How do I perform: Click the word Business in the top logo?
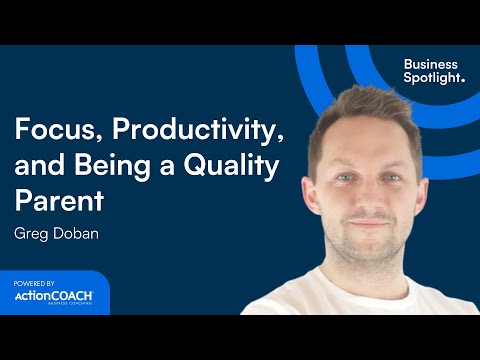click(430, 64)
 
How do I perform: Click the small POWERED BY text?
click(33, 283)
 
